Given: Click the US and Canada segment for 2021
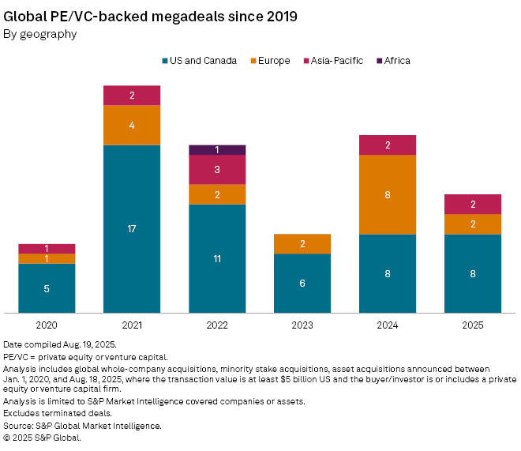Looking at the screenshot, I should [132, 228].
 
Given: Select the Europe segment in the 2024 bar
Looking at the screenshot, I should [388, 194].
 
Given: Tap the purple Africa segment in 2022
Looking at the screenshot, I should [217, 150].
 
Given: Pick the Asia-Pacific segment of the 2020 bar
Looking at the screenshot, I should [47, 249].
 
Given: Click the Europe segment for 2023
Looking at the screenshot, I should [302, 244].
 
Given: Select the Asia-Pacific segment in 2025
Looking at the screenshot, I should [473, 204].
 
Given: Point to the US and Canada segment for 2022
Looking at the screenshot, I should [217, 258].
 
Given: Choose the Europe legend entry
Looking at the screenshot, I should [273, 61].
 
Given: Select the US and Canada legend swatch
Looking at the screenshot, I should [165, 61].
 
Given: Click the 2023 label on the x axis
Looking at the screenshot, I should [302, 325].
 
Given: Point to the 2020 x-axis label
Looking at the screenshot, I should [47, 325].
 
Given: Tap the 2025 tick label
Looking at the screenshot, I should [473, 325].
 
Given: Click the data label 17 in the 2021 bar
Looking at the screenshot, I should [132, 229].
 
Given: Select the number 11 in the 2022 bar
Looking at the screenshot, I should [217, 258].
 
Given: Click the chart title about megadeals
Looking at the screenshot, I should [150, 16].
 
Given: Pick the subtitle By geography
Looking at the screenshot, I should [40, 34].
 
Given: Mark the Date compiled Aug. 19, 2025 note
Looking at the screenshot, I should [58, 345].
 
